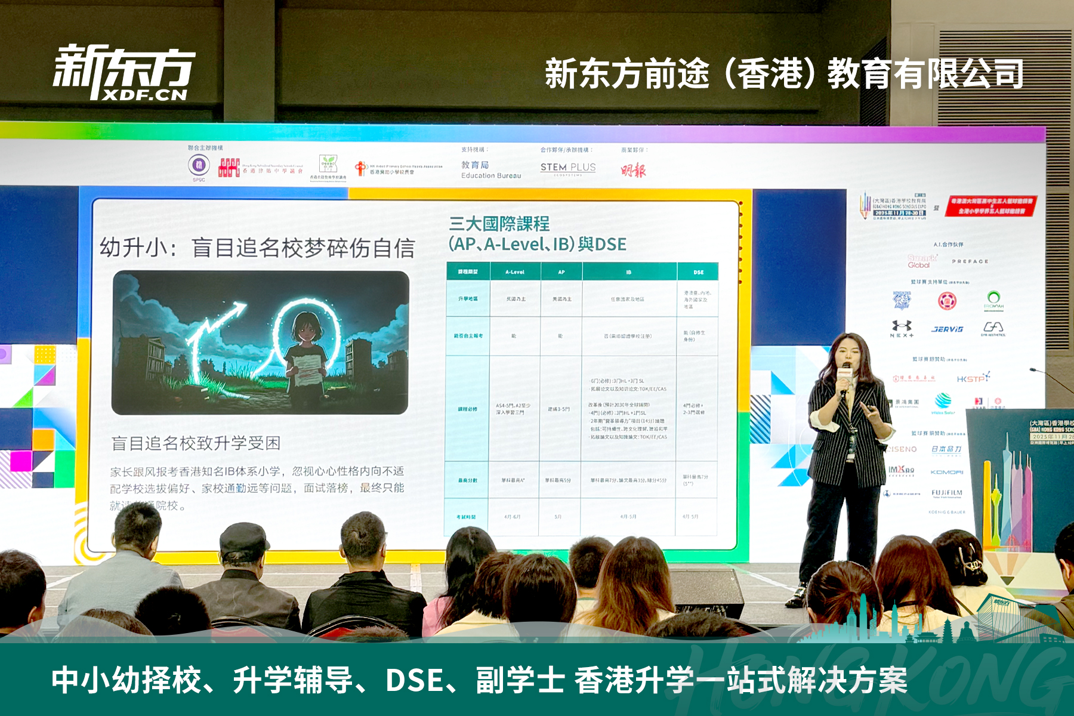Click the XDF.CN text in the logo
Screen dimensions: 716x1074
(145, 95)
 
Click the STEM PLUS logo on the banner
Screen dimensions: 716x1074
(568, 168)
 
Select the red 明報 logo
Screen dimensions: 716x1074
(633, 171)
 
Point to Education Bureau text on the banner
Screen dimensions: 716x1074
(491, 176)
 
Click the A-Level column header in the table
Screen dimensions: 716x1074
(515, 272)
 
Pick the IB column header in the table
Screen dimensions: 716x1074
(629, 272)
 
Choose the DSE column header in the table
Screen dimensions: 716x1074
(698, 272)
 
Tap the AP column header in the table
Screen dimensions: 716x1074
(561, 272)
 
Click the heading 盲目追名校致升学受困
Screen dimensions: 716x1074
(196, 443)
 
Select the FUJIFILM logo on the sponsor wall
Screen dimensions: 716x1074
(947, 493)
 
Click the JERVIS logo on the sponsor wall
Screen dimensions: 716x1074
(948, 329)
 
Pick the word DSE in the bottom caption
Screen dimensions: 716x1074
(414, 680)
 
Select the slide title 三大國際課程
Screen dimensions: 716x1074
(499, 224)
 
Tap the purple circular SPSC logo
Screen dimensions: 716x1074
(199, 165)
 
